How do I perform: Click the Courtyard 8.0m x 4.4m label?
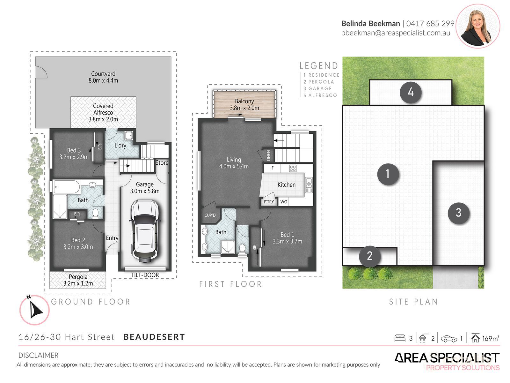tap(103, 77)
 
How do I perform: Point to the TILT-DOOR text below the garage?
tap(145, 275)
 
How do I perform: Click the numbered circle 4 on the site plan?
tap(411, 92)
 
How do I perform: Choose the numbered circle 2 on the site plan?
tap(369, 256)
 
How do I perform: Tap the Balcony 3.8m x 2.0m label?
tap(244, 105)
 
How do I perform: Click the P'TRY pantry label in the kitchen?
tap(269, 202)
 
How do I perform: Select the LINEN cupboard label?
tap(268, 155)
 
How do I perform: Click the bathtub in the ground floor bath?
tap(67, 187)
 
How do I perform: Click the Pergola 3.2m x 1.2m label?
tap(78, 280)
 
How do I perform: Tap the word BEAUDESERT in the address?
tap(154, 337)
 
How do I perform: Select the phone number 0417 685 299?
tap(430, 23)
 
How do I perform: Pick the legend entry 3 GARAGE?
tap(317, 88)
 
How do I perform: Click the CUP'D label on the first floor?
tap(210, 215)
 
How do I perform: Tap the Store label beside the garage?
tap(162, 163)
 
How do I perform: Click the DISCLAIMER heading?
tap(38, 356)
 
